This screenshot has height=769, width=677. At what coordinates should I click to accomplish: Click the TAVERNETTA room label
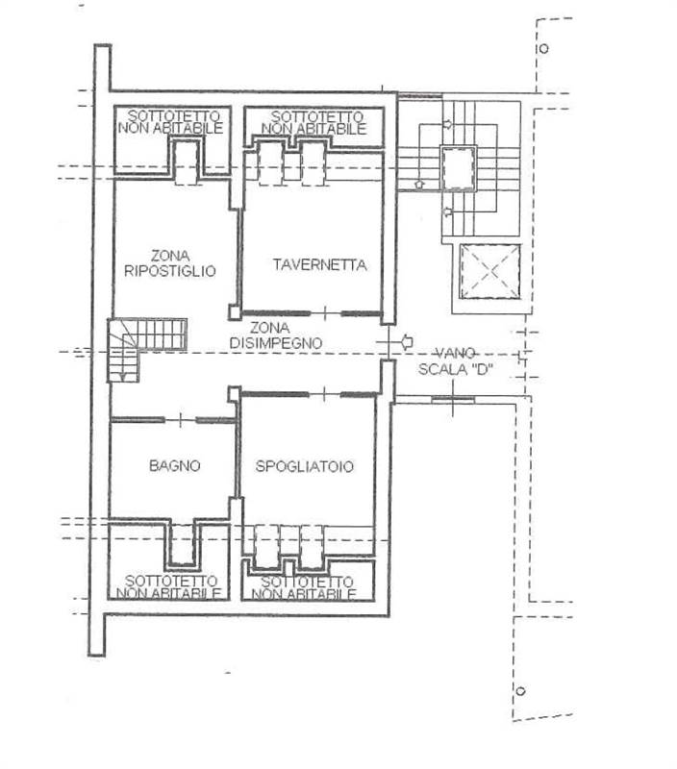pyautogui.click(x=319, y=265)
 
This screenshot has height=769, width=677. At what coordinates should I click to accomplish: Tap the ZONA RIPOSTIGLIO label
pyautogui.click(x=170, y=263)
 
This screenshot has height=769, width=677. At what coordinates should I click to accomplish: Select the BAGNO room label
pyautogui.click(x=174, y=466)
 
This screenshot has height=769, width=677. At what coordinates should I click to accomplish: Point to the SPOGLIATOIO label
pyautogui.click(x=304, y=466)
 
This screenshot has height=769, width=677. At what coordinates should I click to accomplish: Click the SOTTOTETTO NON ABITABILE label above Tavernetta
pyautogui.click(x=313, y=122)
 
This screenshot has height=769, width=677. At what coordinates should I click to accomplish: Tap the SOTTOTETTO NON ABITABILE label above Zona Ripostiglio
pyautogui.click(x=171, y=122)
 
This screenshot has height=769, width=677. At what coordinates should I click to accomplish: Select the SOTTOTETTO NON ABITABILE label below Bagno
pyautogui.click(x=170, y=586)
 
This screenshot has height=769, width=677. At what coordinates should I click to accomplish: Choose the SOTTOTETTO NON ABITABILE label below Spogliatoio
pyautogui.click(x=307, y=587)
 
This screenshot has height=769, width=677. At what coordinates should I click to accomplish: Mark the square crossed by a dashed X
pyautogui.click(x=489, y=272)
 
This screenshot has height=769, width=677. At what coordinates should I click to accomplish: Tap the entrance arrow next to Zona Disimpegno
pyautogui.click(x=408, y=339)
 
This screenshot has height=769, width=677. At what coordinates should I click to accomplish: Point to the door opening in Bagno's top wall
pyautogui.click(x=180, y=420)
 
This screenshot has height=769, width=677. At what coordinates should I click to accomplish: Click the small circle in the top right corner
pyautogui.click(x=543, y=48)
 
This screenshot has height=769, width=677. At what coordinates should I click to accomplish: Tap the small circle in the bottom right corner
pyautogui.click(x=520, y=691)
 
